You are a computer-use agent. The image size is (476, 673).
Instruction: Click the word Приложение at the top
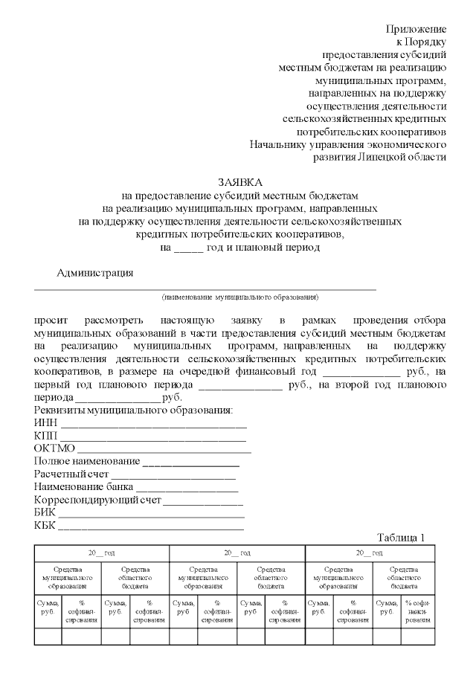pyautogui.click(x=416, y=29)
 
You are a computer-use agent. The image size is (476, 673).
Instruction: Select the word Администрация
pyautogui.click(x=95, y=272)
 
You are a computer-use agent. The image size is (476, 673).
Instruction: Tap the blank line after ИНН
pyautogui.click(x=153, y=424)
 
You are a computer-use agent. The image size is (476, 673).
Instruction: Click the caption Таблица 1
pyautogui.click(x=400, y=538)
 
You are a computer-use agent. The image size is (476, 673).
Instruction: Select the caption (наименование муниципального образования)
pyautogui.click(x=240, y=297)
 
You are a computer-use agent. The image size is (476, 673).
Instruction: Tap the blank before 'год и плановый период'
pyautogui.click(x=188, y=248)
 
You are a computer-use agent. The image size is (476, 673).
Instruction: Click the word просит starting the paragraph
pyautogui.click(x=49, y=319)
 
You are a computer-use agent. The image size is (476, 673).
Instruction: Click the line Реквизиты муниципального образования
pyautogui.click(x=133, y=411)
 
